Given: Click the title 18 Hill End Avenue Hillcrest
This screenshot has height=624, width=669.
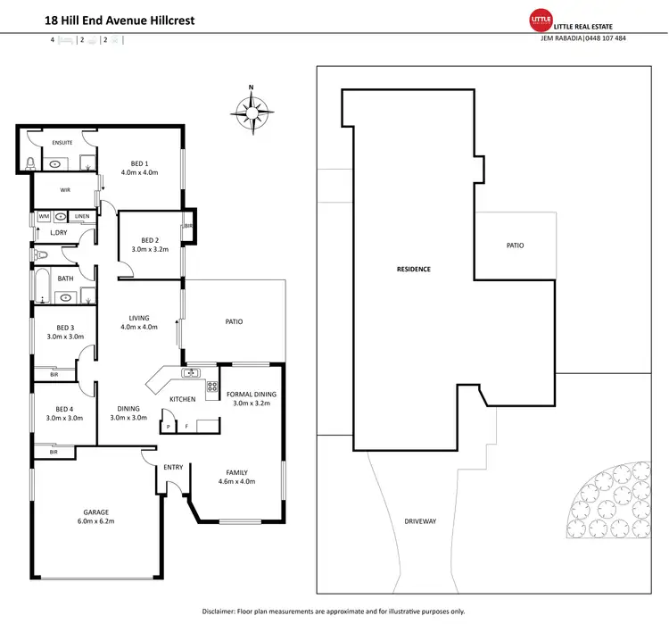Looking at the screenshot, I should [113, 20].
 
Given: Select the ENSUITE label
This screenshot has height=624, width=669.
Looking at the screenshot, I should [62, 142].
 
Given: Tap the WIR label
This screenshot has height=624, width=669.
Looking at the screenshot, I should [65, 190].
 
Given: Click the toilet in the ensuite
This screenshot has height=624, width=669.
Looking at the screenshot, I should [30, 162].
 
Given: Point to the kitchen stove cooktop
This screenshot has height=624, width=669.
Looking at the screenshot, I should [212, 387].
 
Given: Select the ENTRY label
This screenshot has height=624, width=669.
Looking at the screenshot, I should [173, 468].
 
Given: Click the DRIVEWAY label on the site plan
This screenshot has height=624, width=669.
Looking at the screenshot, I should [420, 521].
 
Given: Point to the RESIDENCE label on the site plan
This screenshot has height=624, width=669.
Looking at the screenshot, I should [414, 269].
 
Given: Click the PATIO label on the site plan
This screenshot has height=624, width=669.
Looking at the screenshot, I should [515, 245].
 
